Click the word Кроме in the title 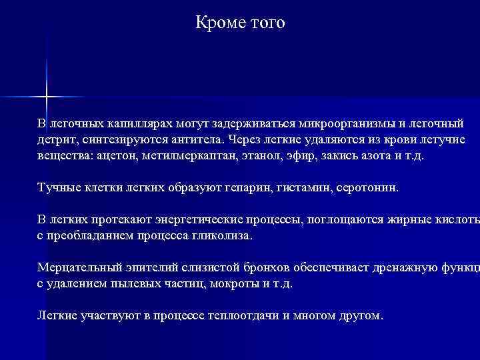tap(217, 23)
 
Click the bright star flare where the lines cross tap(47, 97)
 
